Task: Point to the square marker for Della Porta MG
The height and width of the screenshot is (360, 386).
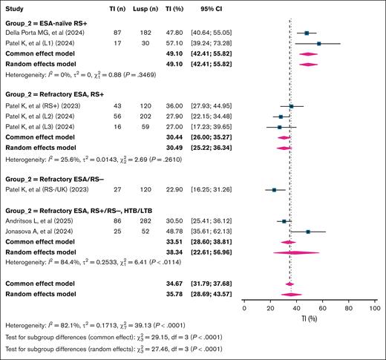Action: click(307, 33)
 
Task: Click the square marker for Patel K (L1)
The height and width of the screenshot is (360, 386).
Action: click(318, 43)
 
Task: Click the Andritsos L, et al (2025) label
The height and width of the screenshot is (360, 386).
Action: click(42, 221)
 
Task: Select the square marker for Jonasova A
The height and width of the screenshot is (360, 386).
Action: click(307, 232)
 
